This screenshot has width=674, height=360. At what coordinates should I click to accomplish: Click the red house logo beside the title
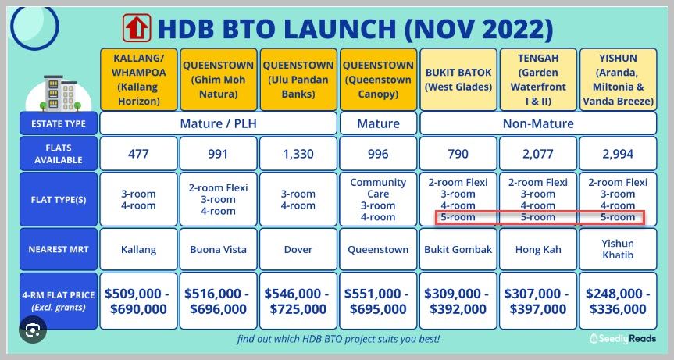(137, 28)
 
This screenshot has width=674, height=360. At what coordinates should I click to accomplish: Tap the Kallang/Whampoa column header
(138, 80)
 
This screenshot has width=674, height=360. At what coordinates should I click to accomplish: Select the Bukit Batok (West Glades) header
(458, 80)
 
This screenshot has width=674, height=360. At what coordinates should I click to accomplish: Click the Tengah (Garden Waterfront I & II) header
(538, 80)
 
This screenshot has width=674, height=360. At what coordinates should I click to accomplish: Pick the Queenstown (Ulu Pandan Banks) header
(298, 80)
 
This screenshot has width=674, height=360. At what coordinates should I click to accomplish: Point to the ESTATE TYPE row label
(59, 123)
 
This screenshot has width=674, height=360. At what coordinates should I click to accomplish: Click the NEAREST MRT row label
(59, 249)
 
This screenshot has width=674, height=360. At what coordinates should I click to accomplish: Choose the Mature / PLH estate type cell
(219, 123)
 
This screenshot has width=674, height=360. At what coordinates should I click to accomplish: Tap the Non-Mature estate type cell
(538, 123)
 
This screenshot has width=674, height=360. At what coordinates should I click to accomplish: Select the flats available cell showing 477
(138, 154)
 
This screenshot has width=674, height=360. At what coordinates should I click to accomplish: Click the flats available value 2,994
(618, 154)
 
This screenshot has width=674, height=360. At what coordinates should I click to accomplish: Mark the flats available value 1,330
(298, 154)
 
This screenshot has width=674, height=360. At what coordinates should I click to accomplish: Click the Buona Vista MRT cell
(219, 249)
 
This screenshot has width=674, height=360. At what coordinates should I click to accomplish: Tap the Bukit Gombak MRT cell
(458, 249)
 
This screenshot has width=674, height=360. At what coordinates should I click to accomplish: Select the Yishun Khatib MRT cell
(618, 249)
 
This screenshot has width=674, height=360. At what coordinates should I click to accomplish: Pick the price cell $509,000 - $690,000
(138, 301)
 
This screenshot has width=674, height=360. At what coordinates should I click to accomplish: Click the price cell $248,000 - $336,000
(618, 301)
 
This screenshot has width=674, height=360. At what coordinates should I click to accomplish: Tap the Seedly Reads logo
(623, 338)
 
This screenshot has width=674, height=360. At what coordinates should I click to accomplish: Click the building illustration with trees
(59, 93)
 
